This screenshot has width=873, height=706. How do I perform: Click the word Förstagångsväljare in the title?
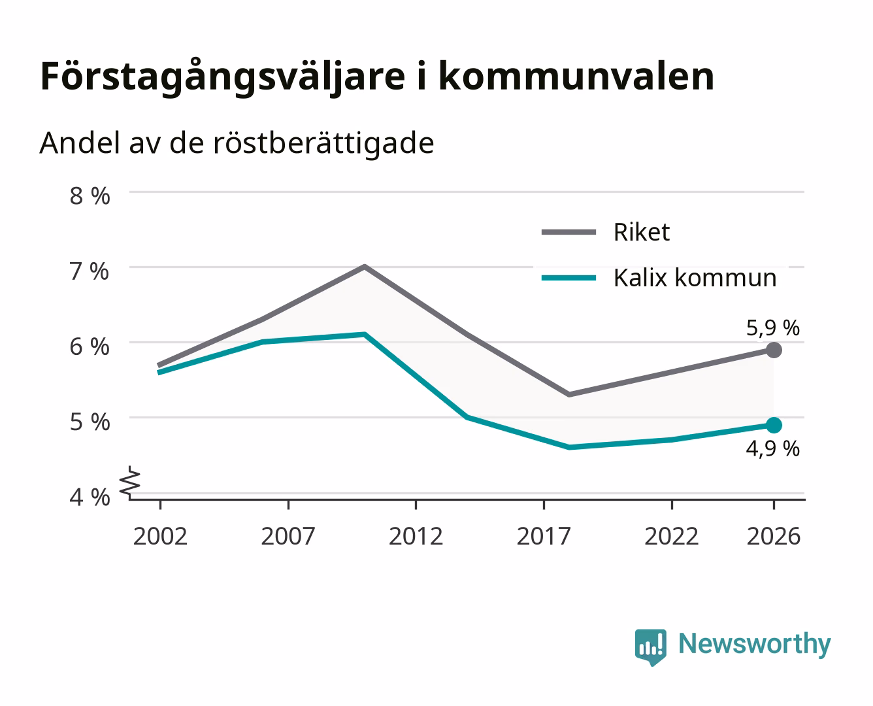pyautogui.click(x=223, y=77)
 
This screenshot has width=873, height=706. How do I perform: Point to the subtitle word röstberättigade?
pyautogui.click(x=323, y=144)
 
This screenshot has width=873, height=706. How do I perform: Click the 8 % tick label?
pyautogui.click(x=90, y=195)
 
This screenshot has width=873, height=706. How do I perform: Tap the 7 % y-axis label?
pyautogui.click(x=90, y=271)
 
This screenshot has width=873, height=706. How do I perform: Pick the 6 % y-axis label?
pyautogui.click(x=90, y=347)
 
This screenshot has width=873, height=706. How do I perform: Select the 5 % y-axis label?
pyautogui.click(x=90, y=422)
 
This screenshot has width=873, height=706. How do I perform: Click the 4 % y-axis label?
pyautogui.click(x=90, y=497)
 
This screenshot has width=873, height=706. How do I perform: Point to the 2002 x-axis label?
pyautogui.click(x=160, y=536)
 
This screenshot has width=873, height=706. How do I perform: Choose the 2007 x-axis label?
pyautogui.click(x=288, y=536)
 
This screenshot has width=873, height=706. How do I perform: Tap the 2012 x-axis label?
pyautogui.click(x=416, y=536)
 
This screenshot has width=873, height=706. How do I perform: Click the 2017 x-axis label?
pyautogui.click(x=544, y=536)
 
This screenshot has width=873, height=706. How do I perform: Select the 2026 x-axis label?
pyautogui.click(x=774, y=536)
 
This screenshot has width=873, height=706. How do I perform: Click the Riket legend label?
pyautogui.click(x=642, y=232)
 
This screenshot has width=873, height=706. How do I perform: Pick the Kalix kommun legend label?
pyautogui.click(x=695, y=278)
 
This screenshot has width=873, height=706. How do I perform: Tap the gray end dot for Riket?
pyautogui.click(x=774, y=350)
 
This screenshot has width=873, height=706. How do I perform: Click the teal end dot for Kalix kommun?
pyautogui.click(x=774, y=425)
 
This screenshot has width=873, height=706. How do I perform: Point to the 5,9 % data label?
pyautogui.click(x=773, y=328)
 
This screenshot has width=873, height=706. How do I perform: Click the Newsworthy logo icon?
pyautogui.click(x=650, y=647)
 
